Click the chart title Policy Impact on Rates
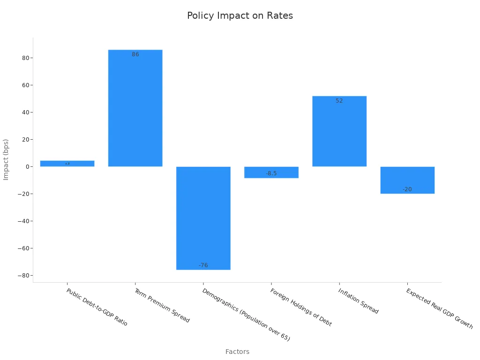tap(240, 15)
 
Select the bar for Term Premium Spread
tap(135, 108)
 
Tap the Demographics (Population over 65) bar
tap(203, 218)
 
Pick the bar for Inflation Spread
tap(339, 131)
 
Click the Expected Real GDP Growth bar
tap(407, 180)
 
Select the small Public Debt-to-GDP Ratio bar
tap(67, 164)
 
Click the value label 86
tap(135, 54)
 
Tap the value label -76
tap(203, 265)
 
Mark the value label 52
tap(339, 101)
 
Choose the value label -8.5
tap(271, 173)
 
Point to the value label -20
tap(407, 189)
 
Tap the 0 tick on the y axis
tap(26, 167)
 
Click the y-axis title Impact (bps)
tap(6, 159)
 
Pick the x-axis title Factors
tap(237, 352)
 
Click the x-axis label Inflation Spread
tap(358, 301)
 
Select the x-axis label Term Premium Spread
tap(162, 306)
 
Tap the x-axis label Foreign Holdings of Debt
tap(301, 307)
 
